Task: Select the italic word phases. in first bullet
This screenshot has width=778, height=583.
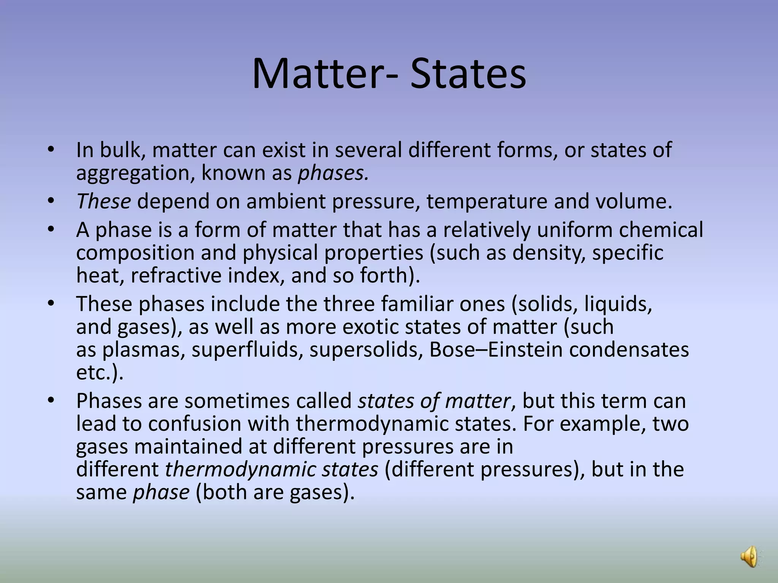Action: (333, 173)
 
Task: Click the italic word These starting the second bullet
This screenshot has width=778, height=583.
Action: (104, 201)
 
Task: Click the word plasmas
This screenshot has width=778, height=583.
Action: (144, 350)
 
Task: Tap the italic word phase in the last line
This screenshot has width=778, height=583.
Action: (161, 492)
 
